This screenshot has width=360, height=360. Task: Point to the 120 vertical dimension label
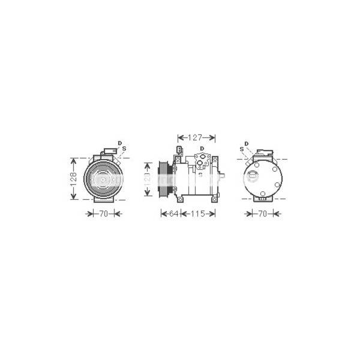click(146, 179)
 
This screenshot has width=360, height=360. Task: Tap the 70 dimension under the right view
click(262, 213)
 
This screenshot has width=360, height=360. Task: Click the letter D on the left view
click(119, 142)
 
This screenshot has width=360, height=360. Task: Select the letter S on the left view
click(124, 148)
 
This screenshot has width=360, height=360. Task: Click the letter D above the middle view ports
click(202, 148)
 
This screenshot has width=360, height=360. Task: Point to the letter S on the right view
click(241, 148)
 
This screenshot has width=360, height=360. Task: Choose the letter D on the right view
click(246, 143)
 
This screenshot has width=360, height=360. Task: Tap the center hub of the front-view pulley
click(102, 178)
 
